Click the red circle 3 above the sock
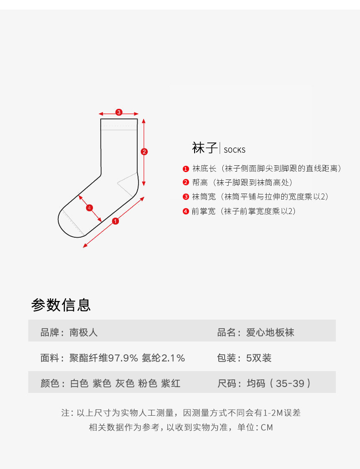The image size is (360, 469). pyautogui.click(x=119, y=112)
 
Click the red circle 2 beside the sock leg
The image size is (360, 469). pyautogui.click(x=144, y=152)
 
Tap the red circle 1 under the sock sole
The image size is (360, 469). pyautogui.click(x=115, y=221)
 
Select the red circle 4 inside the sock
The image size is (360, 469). pyautogui.click(x=89, y=208)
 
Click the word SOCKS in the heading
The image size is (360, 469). pyautogui.click(x=235, y=150)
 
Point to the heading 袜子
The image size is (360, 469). pyautogui.click(x=205, y=148)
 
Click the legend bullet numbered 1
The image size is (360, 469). pyautogui.click(x=186, y=169)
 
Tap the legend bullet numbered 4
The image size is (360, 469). pyautogui.click(x=186, y=211)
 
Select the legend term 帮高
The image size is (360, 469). pyautogui.click(x=200, y=183)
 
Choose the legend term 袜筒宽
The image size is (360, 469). pyautogui.click(x=204, y=197)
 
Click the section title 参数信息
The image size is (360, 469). pyautogui.click(x=61, y=305)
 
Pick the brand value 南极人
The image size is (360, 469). pyautogui.click(x=83, y=332)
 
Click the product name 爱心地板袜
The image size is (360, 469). pyautogui.click(x=270, y=332)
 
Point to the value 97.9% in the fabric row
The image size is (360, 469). pyautogui.click(x=123, y=358)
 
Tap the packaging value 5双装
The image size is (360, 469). pyautogui.click(x=259, y=358)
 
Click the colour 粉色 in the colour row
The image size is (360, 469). pyautogui.click(x=148, y=383)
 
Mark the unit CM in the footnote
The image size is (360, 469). pyautogui.click(x=267, y=428)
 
